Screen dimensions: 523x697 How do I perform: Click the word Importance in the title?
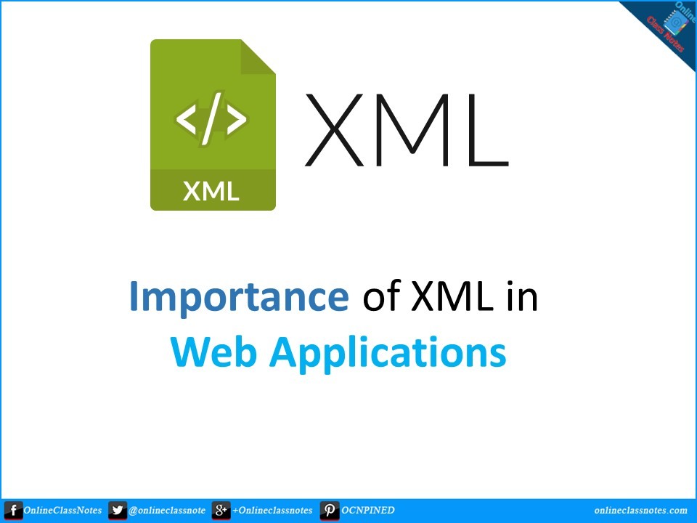[x=238, y=298]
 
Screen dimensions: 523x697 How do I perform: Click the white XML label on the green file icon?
[x=211, y=191]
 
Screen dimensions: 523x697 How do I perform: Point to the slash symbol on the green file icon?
[x=211, y=120]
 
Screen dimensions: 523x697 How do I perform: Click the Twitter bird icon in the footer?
[x=118, y=511]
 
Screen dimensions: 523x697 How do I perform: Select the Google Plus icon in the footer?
[x=221, y=511]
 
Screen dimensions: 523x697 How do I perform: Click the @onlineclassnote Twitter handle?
[x=167, y=511]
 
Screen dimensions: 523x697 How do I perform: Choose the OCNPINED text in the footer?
[x=368, y=511]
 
